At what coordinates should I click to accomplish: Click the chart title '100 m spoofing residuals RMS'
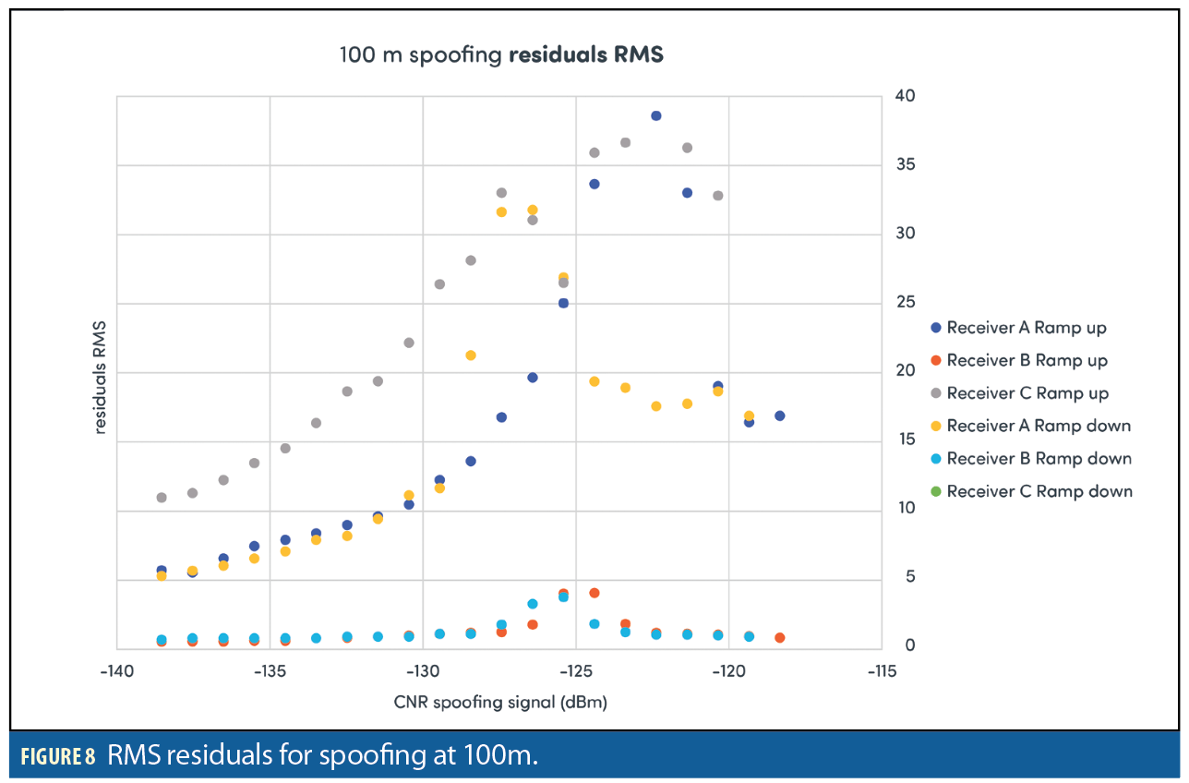click(x=501, y=54)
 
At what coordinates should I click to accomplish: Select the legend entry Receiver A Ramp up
click(x=1026, y=328)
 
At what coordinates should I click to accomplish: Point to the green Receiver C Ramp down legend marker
click(x=936, y=491)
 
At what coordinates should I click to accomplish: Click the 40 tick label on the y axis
click(x=905, y=96)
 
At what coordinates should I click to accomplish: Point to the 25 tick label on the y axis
click(x=905, y=303)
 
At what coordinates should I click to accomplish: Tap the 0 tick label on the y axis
click(x=909, y=645)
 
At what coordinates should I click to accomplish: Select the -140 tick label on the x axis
click(x=116, y=669)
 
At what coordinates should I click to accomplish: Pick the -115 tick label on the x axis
click(x=882, y=669)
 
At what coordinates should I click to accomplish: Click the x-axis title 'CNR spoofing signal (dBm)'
click(x=499, y=703)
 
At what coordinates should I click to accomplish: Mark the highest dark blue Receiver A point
click(x=656, y=115)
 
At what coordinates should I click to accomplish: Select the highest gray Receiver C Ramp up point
click(x=625, y=142)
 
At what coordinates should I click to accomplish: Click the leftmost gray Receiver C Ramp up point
click(x=162, y=498)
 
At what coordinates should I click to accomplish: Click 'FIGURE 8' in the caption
click(x=58, y=757)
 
